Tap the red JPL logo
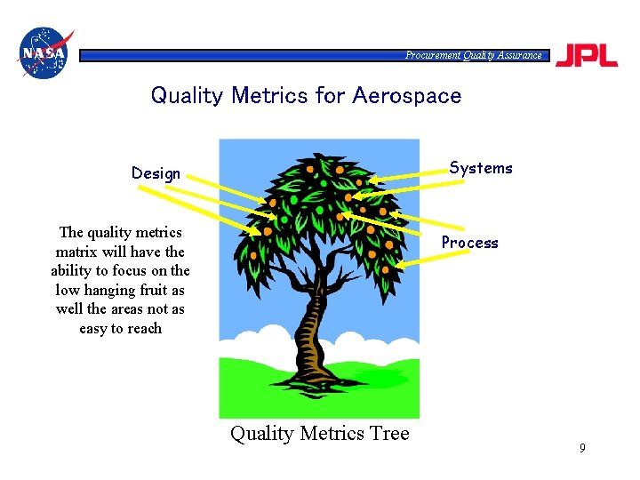tap(586, 55)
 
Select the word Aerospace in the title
tap(407, 95)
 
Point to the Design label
tap(156, 173)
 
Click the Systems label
tap(481, 168)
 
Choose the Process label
tap(470, 243)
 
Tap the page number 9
tap(582, 448)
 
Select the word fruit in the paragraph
tap(149, 290)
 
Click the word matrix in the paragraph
tap(76, 252)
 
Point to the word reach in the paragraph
tap(143, 328)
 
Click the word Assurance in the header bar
tap(519, 55)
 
